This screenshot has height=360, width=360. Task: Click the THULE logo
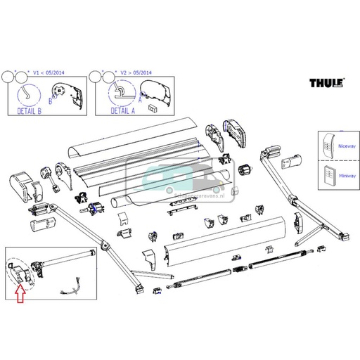[x=326, y=84]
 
